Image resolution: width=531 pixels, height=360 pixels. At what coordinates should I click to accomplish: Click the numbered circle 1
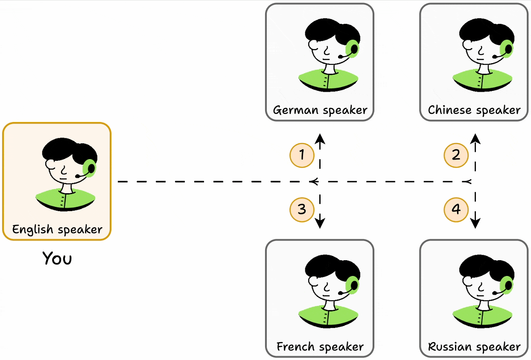pyautogui.click(x=302, y=155)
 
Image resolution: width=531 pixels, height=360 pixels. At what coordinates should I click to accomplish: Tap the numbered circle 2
pyautogui.click(x=456, y=155)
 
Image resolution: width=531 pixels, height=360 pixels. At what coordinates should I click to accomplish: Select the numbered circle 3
pyautogui.click(x=302, y=209)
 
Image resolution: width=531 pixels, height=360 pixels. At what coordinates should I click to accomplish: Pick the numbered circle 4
pyautogui.click(x=456, y=209)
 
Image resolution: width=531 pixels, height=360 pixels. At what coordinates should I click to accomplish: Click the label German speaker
pyautogui.click(x=320, y=110)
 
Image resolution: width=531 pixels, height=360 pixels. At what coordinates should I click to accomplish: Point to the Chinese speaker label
pyautogui.click(x=474, y=110)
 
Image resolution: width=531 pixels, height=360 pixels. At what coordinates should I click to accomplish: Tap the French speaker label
pyautogui.click(x=320, y=346)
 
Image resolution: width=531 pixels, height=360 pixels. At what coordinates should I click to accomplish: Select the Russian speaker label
pyautogui.click(x=474, y=346)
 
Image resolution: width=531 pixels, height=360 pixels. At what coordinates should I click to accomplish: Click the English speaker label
pyautogui.click(x=57, y=229)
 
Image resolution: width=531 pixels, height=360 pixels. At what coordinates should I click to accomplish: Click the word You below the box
pyautogui.click(x=57, y=258)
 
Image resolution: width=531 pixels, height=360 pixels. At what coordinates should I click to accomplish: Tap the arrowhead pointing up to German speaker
pyautogui.click(x=320, y=139)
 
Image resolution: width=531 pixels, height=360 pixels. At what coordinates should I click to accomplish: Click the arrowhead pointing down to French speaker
pyautogui.click(x=320, y=223)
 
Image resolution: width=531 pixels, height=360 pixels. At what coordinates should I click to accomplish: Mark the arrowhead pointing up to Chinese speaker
pyautogui.click(x=476, y=139)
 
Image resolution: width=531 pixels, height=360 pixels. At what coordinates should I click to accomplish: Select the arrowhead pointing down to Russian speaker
pyautogui.click(x=476, y=223)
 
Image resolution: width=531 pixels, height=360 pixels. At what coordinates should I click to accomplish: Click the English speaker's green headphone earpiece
pyautogui.click(x=90, y=168)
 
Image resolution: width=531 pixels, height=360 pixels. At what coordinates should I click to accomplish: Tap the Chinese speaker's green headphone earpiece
pyautogui.click(x=507, y=49)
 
